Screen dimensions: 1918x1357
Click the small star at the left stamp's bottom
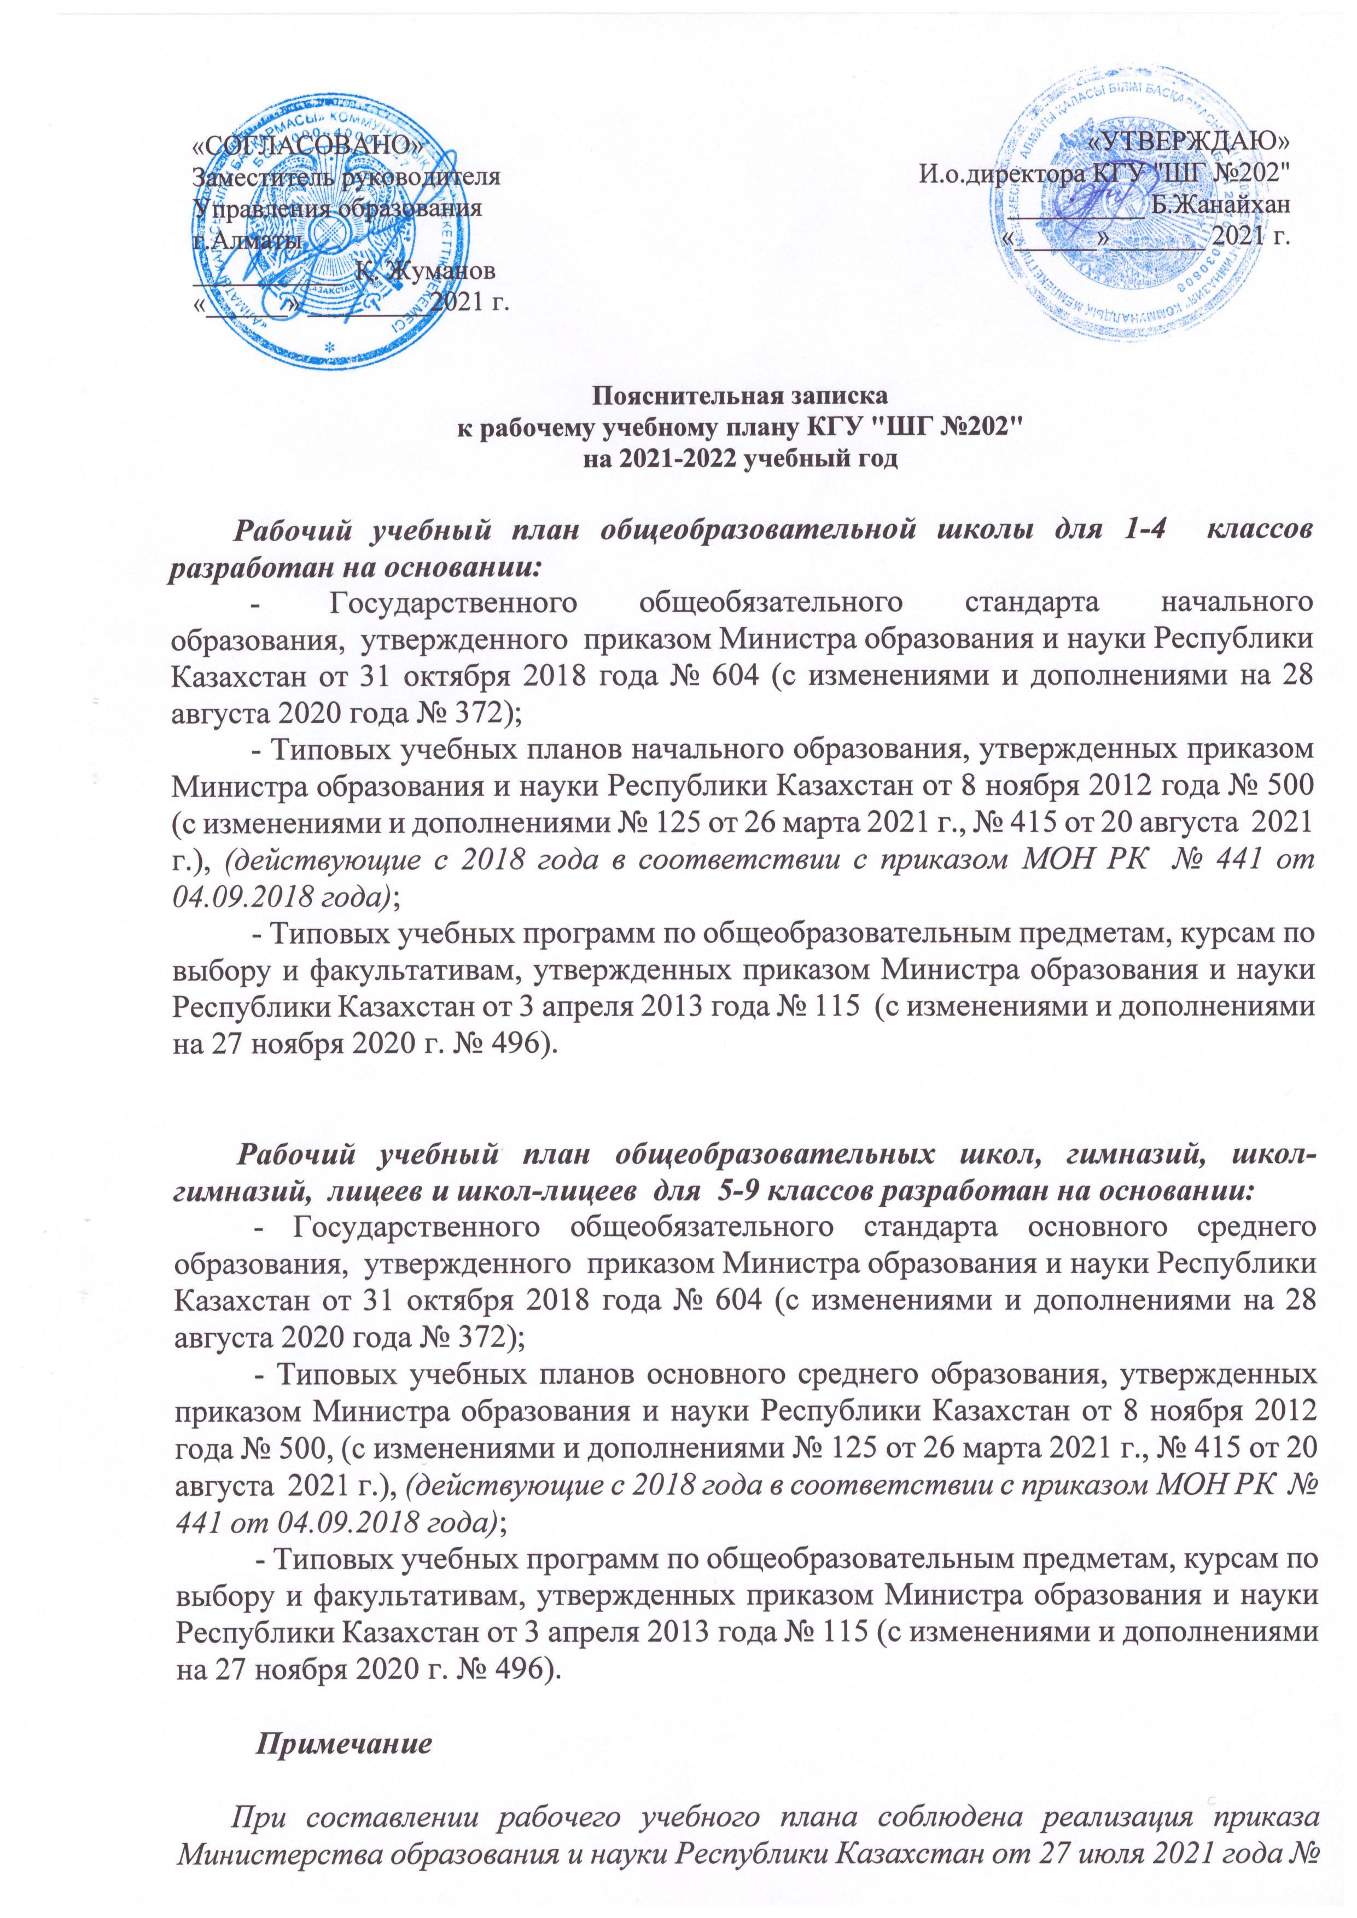(329, 345)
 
